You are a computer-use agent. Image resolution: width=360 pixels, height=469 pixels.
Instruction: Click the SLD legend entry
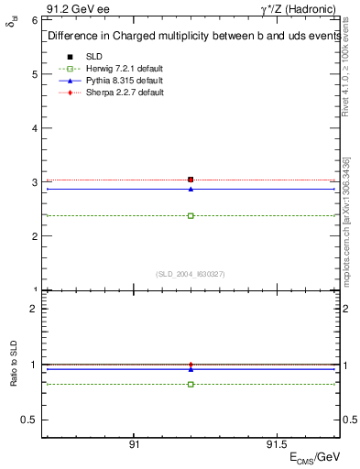pyautogui.click(x=92, y=56)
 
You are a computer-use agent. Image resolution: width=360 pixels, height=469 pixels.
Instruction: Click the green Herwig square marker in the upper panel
pyautogui.click(x=191, y=216)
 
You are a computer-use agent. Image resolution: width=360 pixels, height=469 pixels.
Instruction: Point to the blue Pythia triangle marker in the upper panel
pyautogui.click(x=191, y=189)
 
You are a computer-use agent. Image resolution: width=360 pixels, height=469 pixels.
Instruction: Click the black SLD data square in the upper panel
pyautogui.click(x=191, y=180)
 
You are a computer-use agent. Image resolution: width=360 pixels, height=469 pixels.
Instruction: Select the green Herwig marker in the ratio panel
pyautogui.click(x=191, y=384)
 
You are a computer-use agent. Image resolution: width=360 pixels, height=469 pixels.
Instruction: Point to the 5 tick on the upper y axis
pyautogui.click(x=35, y=73)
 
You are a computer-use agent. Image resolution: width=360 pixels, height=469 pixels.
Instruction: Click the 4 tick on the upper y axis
pyautogui.click(x=35, y=127)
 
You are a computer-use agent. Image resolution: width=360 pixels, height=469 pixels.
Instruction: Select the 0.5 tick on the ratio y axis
pyautogui.click(x=31, y=420)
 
